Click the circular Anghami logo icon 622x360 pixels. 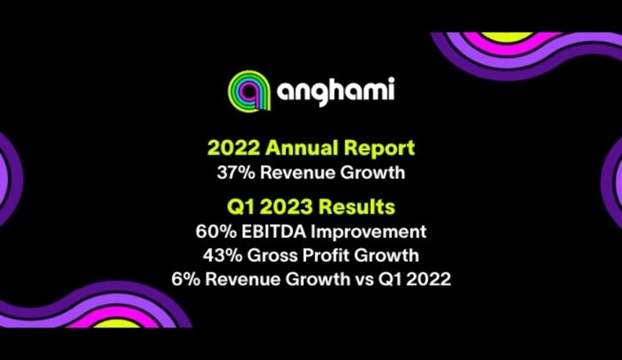tap(247, 89)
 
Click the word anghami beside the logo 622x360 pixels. tap(335, 89)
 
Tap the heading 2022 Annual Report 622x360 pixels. tap(311, 148)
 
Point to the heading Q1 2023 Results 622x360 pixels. tap(311, 204)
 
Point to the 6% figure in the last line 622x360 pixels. tap(185, 279)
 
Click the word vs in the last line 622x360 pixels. tap(371, 279)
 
